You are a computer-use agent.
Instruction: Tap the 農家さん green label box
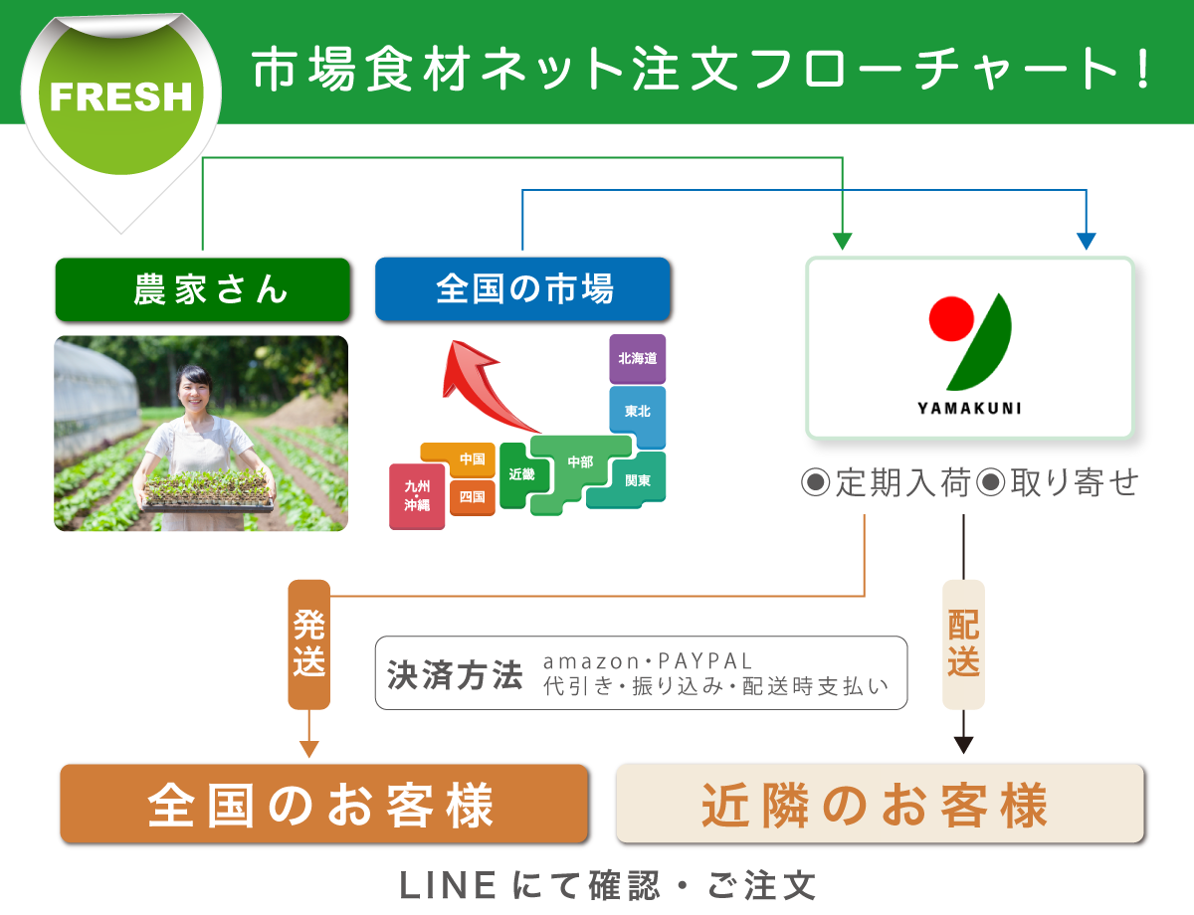[203, 289]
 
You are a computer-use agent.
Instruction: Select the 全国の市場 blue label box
[522, 289]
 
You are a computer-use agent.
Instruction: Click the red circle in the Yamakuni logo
[951, 316]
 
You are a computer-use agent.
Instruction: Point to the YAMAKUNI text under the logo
[969, 408]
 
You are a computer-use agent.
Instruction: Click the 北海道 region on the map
[637, 359]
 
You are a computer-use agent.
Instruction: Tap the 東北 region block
[637, 411]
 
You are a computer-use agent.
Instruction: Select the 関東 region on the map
[637, 480]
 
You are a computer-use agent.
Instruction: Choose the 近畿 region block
[519, 475]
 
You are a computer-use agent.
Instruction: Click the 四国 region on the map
[472, 496]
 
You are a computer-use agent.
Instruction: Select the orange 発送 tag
[308, 643]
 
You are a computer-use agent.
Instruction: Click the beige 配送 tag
[963, 643]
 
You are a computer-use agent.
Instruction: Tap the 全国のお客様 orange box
[323, 804]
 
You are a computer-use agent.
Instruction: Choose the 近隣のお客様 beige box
[880, 804]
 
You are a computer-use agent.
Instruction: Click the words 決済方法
[455, 674]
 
